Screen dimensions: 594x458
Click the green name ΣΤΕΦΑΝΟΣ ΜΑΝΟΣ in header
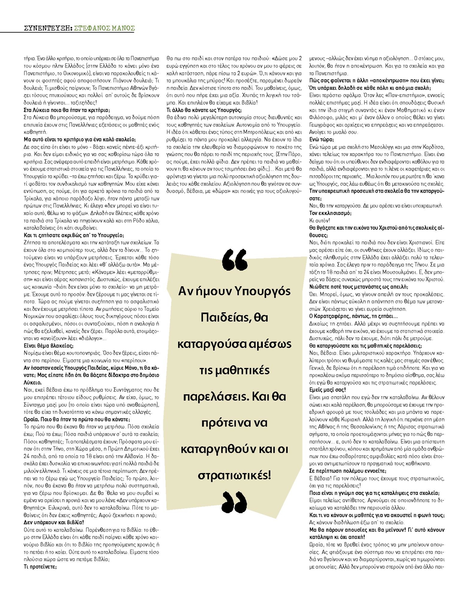tap(104, 28)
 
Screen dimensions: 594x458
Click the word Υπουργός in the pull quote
tap(263, 291)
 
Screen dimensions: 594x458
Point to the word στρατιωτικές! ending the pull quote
tap(234, 475)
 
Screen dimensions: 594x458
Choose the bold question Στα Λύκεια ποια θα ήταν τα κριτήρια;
tap(67, 110)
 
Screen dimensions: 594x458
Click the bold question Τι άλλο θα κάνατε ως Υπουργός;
tap(204, 110)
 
